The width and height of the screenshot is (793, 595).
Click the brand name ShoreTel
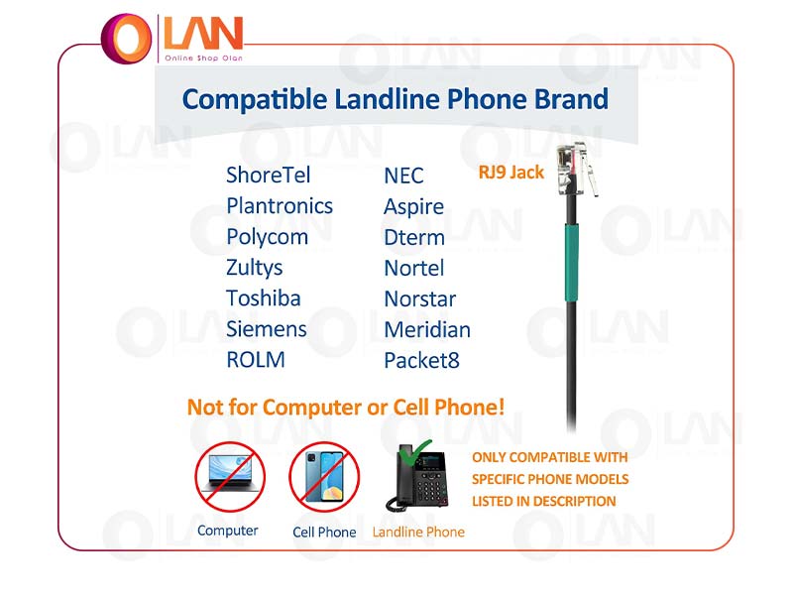click(x=268, y=176)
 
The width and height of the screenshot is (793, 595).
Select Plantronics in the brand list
click(x=280, y=206)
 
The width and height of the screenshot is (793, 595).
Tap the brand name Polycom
click(x=267, y=237)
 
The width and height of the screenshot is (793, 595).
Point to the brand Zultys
click(x=255, y=268)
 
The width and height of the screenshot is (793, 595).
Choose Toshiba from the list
click(x=263, y=298)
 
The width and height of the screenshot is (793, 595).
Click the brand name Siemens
click(x=267, y=329)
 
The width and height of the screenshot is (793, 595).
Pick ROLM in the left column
click(x=256, y=360)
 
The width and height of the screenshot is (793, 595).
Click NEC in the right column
click(x=403, y=177)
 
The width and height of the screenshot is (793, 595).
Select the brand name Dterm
click(x=414, y=237)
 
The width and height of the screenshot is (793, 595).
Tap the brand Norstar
click(x=419, y=299)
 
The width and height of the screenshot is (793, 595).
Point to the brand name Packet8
click(x=422, y=361)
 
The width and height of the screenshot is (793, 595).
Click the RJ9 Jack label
click(x=510, y=173)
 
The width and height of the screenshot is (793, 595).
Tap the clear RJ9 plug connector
click(x=577, y=170)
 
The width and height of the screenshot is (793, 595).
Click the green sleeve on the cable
click(x=572, y=263)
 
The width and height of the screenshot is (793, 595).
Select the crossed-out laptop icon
click(x=230, y=477)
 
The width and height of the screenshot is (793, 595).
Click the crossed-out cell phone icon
click(x=324, y=477)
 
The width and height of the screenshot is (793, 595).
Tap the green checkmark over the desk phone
click(x=414, y=451)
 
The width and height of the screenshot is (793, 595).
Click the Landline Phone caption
click(x=418, y=533)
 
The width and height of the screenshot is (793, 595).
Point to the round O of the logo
click(x=127, y=39)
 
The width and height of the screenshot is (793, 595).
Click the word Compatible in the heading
click(x=254, y=100)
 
